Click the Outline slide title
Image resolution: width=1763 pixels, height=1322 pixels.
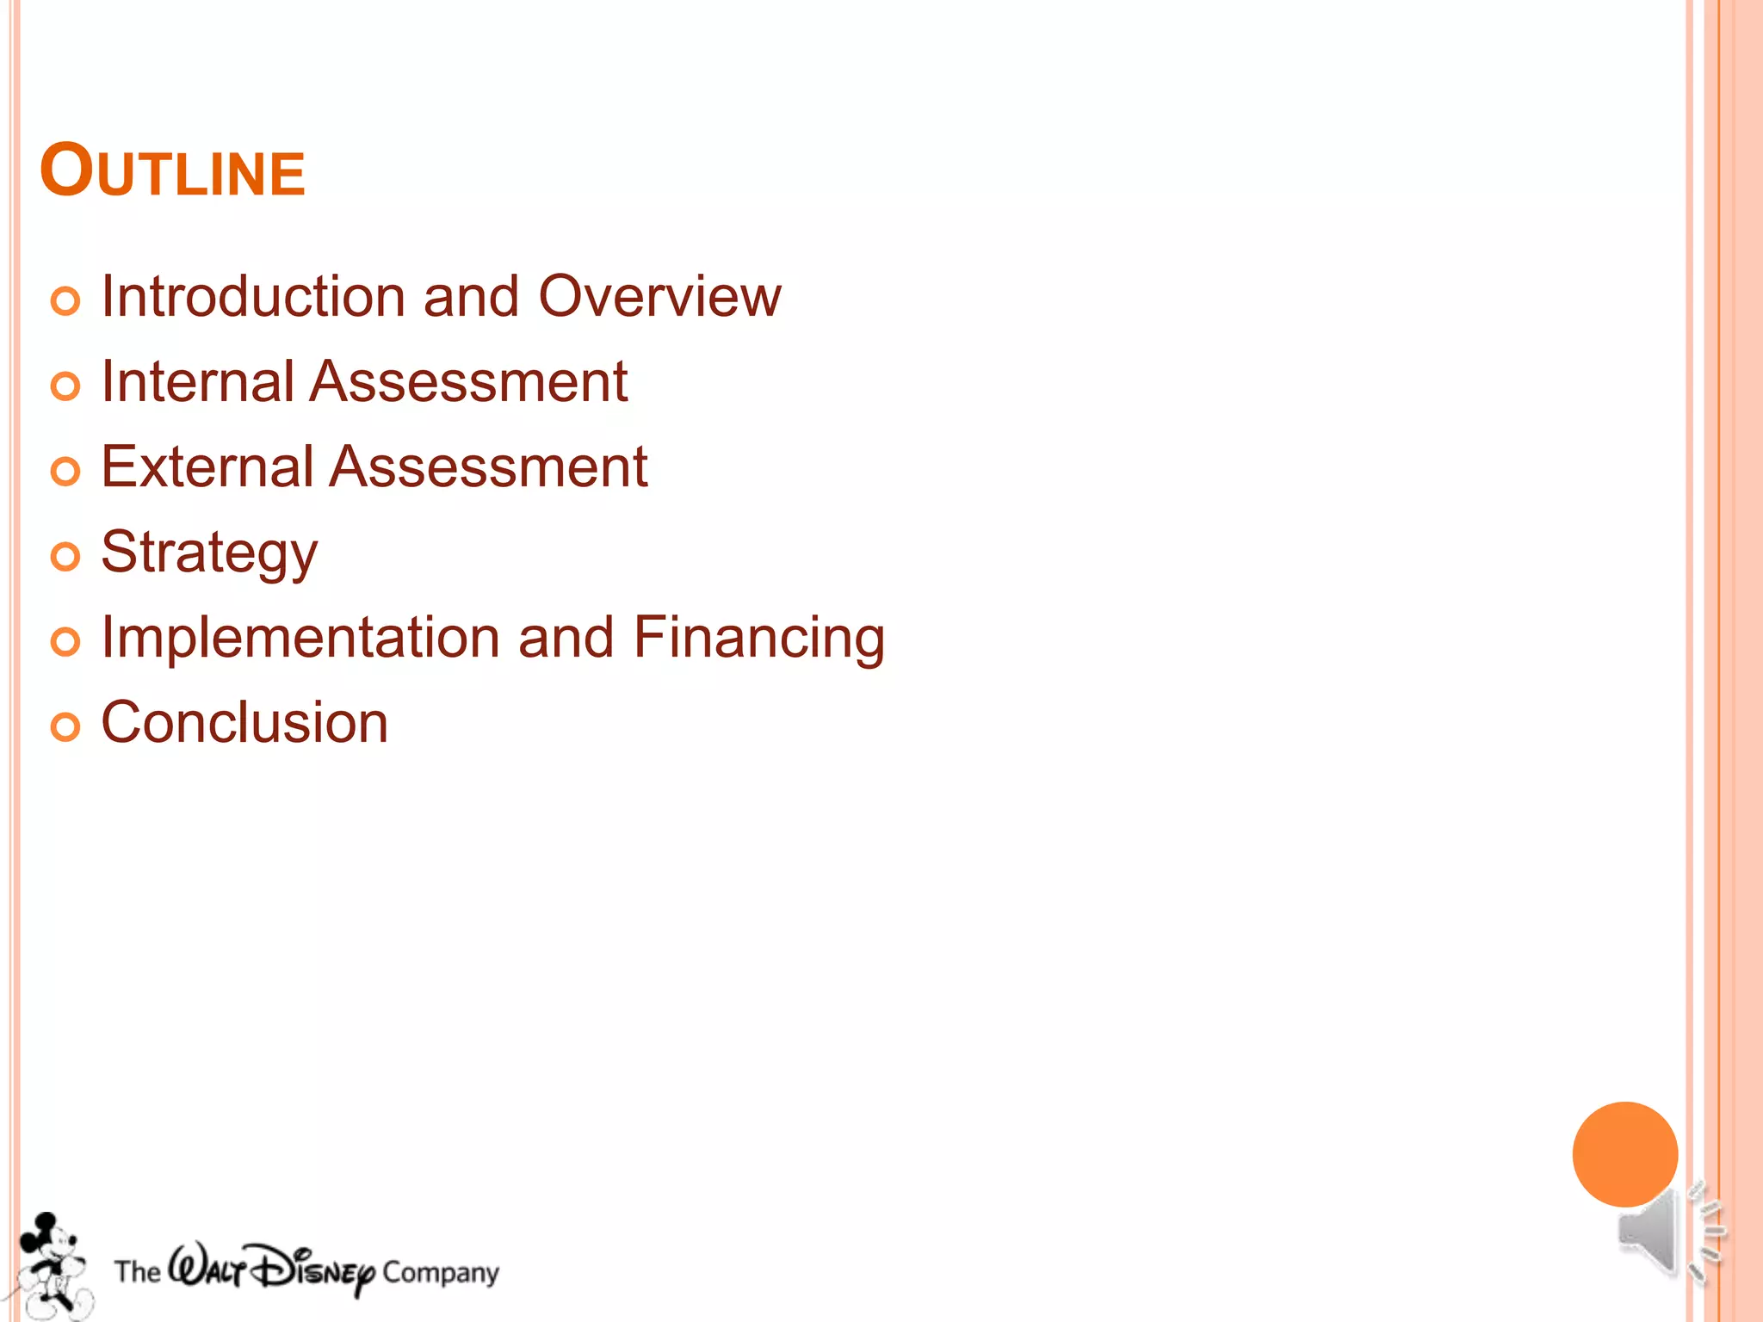pyautogui.click(x=172, y=170)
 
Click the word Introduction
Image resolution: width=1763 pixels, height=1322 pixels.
pyautogui.click(x=254, y=296)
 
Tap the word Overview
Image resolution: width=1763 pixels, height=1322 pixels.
pyautogui.click(x=659, y=296)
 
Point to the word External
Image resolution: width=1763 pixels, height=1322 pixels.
pyautogui.click(x=207, y=466)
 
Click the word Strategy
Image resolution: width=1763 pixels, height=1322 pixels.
pyautogui.click(x=209, y=553)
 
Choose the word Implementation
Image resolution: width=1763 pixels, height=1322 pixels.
pyautogui.click(x=300, y=638)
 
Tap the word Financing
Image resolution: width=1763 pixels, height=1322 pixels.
pyautogui.click(x=758, y=638)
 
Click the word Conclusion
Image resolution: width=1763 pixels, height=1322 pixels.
pyautogui.click(x=244, y=722)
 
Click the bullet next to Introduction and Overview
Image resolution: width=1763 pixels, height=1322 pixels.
pyautogui.click(x=65, y=301)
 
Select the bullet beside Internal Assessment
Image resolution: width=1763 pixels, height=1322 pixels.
pyautogui.click(x=65, y=386)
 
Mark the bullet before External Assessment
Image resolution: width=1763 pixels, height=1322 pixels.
pyautogui.click(x=65, y=472)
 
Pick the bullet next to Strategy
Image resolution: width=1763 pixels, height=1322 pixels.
pyautogui.click(x=65, y=557)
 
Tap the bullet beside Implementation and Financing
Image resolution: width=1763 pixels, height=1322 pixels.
pyautogui.click(x=65, y=642)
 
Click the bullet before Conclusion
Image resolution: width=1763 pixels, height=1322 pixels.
pyautogui.click(x=65, y=727)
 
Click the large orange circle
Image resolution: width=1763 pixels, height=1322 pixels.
pyautogui.click(x=1624, y=1153)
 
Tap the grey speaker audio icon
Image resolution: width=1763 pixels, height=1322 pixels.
pyautogui.click(x=1666, y=1232)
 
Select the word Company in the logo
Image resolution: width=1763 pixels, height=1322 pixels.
pyautogui.click(x=441, y=1272)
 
